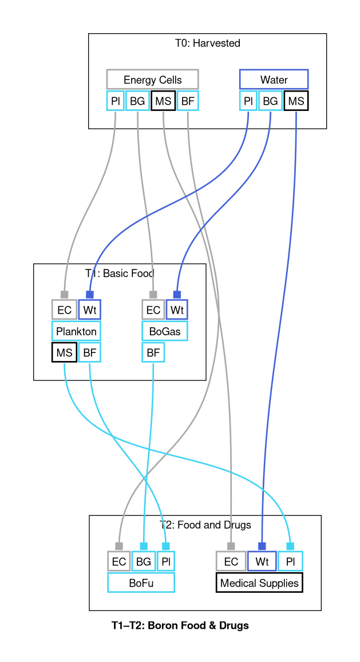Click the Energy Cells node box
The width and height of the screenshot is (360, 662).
152,80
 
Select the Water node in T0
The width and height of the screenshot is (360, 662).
274,80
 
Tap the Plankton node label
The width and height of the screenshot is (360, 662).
76,331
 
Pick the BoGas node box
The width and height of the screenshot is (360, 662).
165,331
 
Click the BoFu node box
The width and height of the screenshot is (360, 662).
141,583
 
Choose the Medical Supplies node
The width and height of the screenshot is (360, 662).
259,583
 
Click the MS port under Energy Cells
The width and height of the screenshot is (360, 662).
163,101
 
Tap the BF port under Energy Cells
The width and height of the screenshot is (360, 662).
188,101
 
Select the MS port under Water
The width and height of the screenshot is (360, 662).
296,101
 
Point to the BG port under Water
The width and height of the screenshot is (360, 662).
270,101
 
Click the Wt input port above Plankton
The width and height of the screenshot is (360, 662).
89,310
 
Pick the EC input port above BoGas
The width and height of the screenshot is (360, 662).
153,310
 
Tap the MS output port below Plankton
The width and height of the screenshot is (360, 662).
64,352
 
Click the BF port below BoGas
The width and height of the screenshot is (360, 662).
153,352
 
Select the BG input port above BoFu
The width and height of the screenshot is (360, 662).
143,561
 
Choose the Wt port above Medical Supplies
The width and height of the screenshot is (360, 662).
262,561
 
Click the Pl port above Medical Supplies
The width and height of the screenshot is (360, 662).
290,561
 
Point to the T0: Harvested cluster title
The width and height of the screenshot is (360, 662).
207,43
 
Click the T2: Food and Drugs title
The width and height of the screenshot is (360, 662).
205,525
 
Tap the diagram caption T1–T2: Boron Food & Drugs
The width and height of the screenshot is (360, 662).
180,625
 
